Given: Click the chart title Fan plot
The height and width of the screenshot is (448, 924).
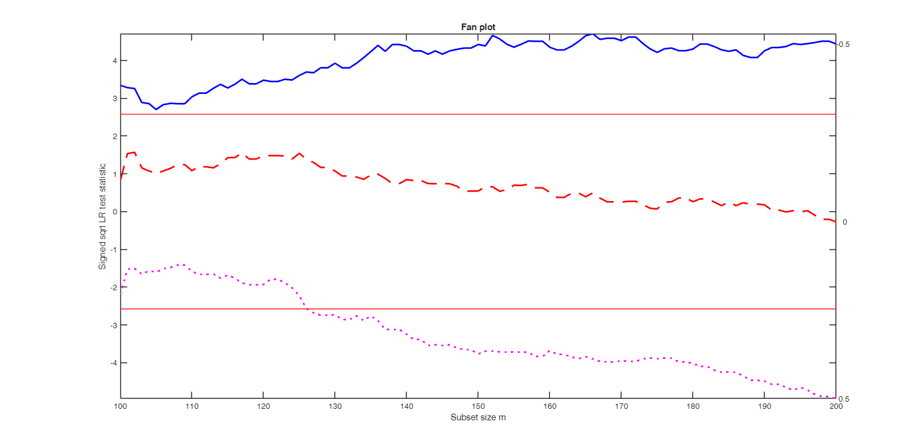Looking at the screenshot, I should [478, 27].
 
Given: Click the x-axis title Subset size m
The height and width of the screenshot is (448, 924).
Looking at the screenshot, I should [478, 417].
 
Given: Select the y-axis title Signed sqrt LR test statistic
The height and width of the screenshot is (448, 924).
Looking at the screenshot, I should [103, 216].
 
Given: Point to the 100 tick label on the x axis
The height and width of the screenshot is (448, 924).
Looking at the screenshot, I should [120, 406].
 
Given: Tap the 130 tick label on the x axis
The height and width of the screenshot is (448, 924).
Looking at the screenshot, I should [334, 406].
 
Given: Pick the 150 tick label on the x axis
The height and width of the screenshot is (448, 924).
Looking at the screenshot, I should [478, 406].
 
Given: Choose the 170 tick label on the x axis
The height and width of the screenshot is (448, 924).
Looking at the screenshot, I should [621, 406].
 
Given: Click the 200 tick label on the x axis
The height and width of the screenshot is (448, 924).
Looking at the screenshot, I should [836, 406].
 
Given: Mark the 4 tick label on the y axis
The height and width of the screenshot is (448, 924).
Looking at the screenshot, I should [114, 60].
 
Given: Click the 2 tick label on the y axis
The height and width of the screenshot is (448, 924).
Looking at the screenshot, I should [114, 136].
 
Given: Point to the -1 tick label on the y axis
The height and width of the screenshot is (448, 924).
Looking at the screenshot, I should [112, 249].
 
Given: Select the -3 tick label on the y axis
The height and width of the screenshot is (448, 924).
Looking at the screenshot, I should [112, 325].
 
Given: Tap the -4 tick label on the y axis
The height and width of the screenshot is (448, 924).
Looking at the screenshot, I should [112, 363].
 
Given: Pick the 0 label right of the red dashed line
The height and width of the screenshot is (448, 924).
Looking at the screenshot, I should [845, 222].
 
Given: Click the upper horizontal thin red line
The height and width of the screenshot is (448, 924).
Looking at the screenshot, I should [541, 114].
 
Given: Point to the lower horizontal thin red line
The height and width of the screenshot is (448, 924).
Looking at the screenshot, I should [541, 309].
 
